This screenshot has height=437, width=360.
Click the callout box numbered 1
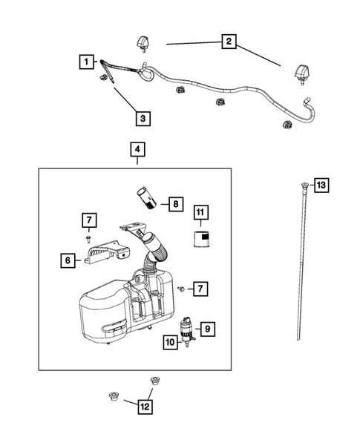click(86, 62)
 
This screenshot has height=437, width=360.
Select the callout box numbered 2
click(229, 42)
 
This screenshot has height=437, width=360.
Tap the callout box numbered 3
click(143, 119)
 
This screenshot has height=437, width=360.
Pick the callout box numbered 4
click(138, 149)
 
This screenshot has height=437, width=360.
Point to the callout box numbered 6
click(68, 260)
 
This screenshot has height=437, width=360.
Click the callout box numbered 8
click(176, 204)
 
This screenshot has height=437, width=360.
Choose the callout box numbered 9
click(208, 329)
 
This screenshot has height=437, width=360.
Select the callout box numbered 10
click(171, 342)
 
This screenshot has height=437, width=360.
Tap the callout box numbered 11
click(200, 212)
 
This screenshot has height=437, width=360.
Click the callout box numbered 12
click(145, 407)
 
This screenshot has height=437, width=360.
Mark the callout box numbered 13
click(321, 185)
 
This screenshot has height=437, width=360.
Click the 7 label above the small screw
click(89, 220)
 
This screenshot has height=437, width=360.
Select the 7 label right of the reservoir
click(200, 289)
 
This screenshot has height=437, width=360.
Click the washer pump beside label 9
click(186, 332)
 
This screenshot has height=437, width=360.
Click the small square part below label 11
click(201, 239)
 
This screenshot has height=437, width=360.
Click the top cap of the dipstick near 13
click(304, 184)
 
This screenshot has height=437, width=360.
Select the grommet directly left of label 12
click(114, 397)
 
